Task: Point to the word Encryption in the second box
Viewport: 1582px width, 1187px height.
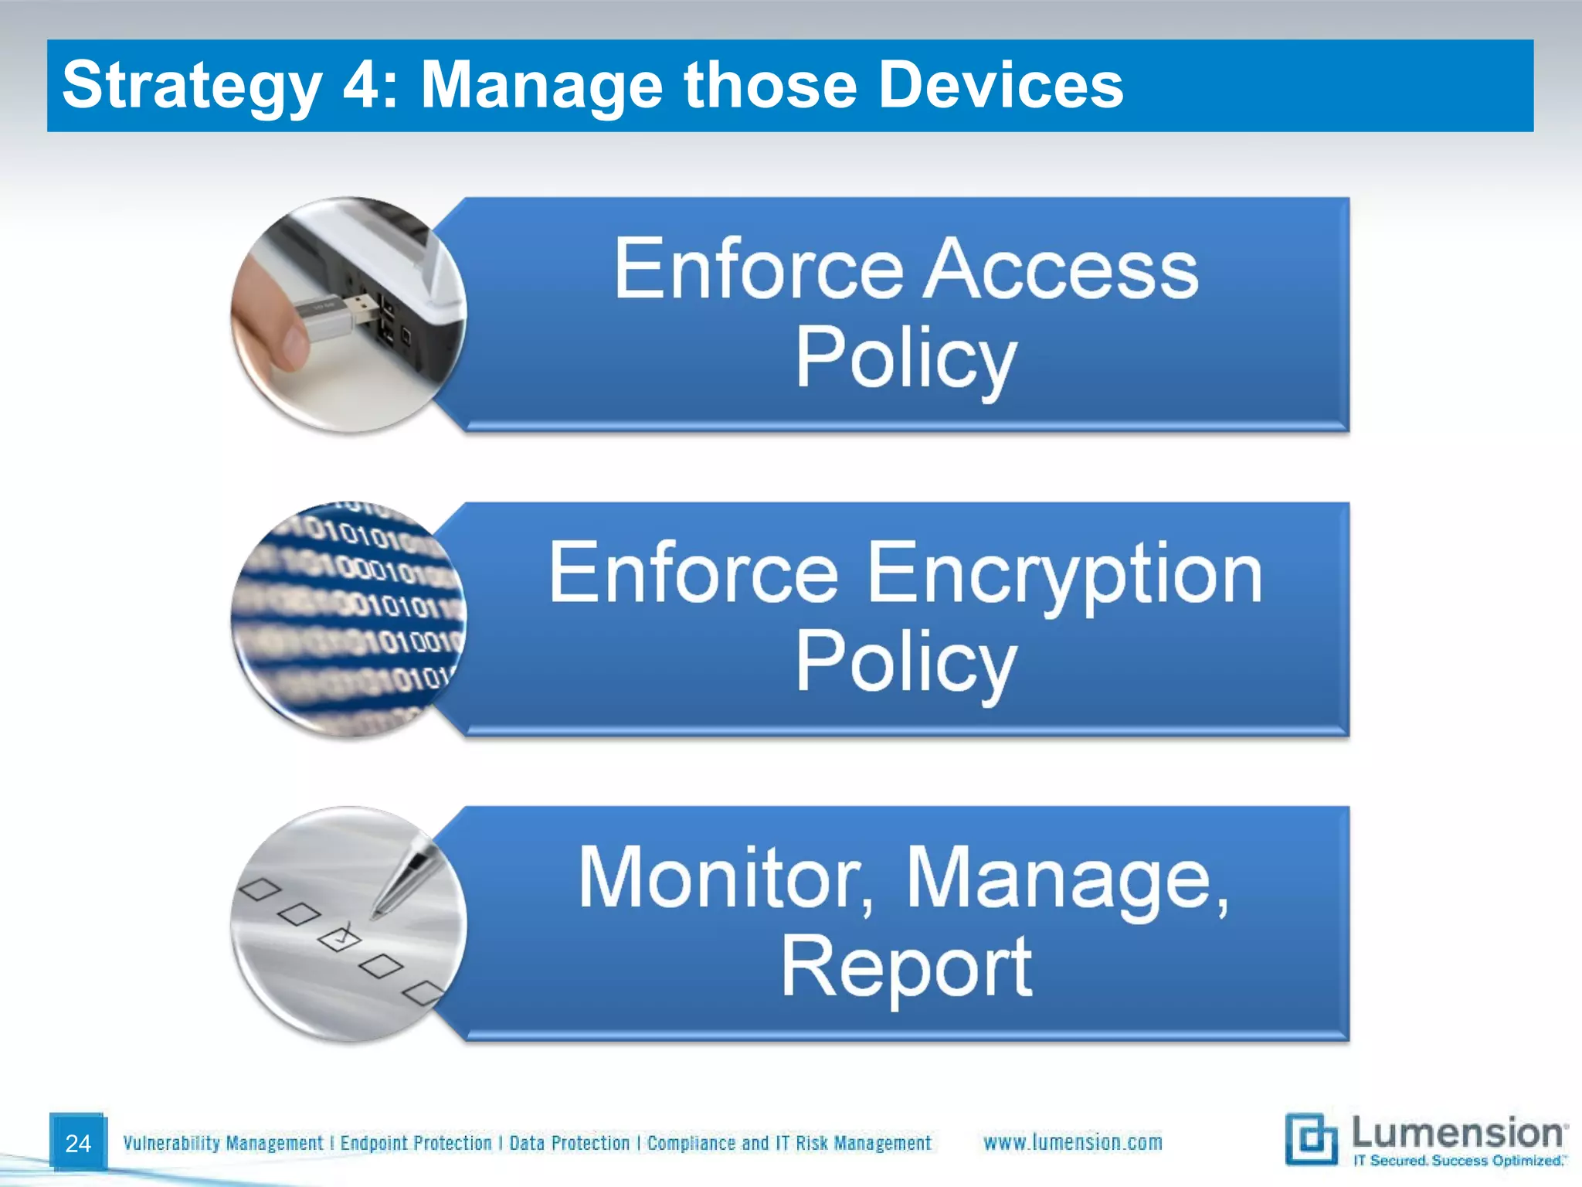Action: (x=1064, y=573)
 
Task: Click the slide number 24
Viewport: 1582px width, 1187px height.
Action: (x=78, y=1143)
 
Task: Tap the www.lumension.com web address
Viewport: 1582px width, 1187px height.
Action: (x=1072, y=1142)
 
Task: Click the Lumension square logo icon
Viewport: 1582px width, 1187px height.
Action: (x=1311, y=1139)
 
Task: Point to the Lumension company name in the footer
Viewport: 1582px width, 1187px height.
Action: (x=1457, y=1133)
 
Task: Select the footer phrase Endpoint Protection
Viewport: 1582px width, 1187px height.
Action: (x=416, y=1143)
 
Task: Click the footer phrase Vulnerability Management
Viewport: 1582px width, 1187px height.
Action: (x=222, y=1143)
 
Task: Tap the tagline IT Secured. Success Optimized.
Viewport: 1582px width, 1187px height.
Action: (x=1458, y=1161)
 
